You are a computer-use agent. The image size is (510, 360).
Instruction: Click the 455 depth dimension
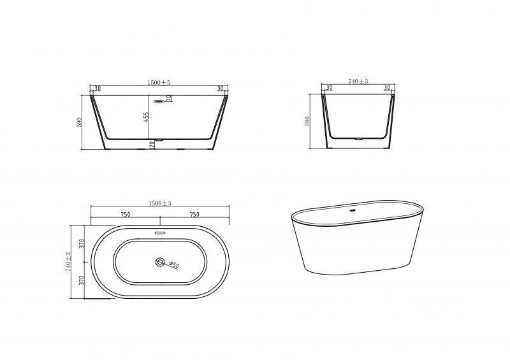[147, 117]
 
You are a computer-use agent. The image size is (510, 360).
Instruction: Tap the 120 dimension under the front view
[152, 145]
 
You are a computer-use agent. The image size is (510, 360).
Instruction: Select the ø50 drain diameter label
[174, 264]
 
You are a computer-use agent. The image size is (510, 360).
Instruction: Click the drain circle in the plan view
[160, 262]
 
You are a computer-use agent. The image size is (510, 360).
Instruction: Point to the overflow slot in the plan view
[160, 233]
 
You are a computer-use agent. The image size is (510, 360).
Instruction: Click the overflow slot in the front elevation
[159, 101]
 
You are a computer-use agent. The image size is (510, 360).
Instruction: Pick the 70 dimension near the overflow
[169, 98]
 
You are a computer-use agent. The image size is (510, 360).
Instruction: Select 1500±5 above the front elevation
[159, 83]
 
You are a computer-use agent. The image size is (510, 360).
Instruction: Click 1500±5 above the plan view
[160, 203]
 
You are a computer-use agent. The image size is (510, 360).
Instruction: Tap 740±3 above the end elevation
[358, 82]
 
